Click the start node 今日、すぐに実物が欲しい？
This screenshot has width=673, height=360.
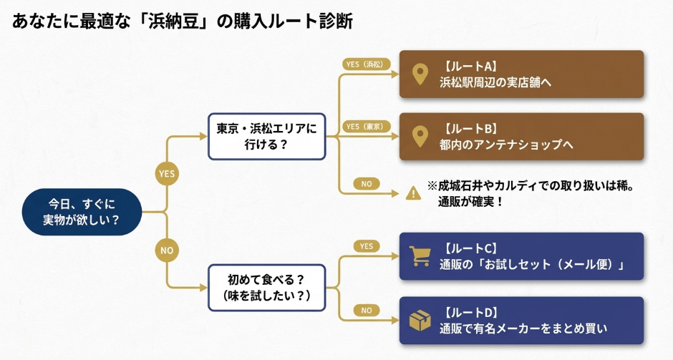(82, 212)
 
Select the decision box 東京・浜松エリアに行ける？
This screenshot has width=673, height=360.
(266, 137)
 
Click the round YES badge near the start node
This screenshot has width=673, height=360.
(167, 174)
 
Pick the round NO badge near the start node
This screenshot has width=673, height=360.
(167, 250)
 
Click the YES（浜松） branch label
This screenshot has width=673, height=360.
(365, 64)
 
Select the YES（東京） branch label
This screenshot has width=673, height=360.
(365, 126)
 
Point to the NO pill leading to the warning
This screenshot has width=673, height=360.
(366, 184)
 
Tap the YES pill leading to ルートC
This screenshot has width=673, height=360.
(366, 246)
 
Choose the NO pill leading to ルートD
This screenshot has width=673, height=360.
(366, 311)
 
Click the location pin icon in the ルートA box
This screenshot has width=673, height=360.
(420, 74)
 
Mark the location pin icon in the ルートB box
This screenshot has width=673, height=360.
(420, 136)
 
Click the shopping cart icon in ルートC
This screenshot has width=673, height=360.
(420, 256)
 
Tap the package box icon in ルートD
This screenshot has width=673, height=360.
(420, 320)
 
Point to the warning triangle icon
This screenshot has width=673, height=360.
(413, 193)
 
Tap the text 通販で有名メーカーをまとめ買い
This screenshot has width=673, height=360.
(523, 329)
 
